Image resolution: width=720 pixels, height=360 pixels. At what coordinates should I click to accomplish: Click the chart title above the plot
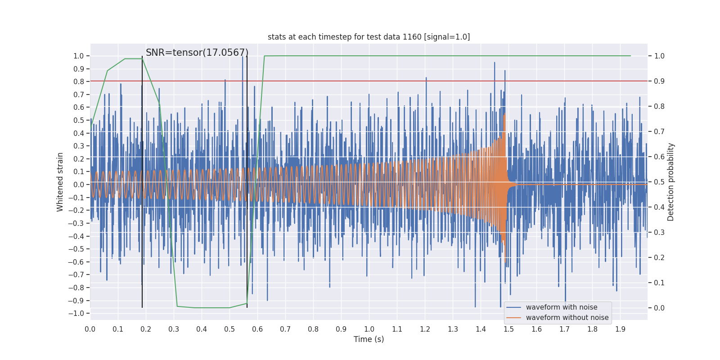click(369, 37)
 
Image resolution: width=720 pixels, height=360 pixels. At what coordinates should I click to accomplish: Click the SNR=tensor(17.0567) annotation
click(197, 53)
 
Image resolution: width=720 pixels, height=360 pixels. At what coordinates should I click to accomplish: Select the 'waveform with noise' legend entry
click(562, 307)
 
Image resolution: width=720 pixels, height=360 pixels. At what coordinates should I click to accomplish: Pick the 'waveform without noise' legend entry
click(567, 318)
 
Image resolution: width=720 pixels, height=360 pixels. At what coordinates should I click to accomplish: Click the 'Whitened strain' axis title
click(60, 182)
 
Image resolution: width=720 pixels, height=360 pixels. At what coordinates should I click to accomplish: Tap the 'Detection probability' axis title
click(671, 182)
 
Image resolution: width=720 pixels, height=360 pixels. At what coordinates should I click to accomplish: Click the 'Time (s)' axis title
click(369, 339)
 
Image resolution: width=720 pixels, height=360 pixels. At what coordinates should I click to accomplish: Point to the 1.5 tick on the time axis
click(508, 329)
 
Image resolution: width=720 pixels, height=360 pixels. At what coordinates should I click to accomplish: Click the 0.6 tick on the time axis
click(257, 329)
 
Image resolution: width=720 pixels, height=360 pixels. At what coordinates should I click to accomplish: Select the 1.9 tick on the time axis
click(620, 329)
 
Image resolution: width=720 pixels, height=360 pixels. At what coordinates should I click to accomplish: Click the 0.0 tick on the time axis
click(90, 329)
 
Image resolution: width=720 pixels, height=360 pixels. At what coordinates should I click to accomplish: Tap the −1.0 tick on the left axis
click(78, 313)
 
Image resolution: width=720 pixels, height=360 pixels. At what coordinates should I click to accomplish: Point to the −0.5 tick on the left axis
click(78, 249)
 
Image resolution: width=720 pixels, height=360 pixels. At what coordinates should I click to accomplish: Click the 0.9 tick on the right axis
click(659, 81)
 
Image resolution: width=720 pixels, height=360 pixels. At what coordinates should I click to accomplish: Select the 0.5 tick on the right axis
click(659, 182)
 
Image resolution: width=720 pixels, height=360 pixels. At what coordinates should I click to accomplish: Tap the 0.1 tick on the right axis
click(659, 283)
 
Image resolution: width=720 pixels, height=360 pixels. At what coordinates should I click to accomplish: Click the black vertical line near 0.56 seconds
click(247, 180)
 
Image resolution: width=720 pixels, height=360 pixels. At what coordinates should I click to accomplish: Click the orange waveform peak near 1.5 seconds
click(504, 115)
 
